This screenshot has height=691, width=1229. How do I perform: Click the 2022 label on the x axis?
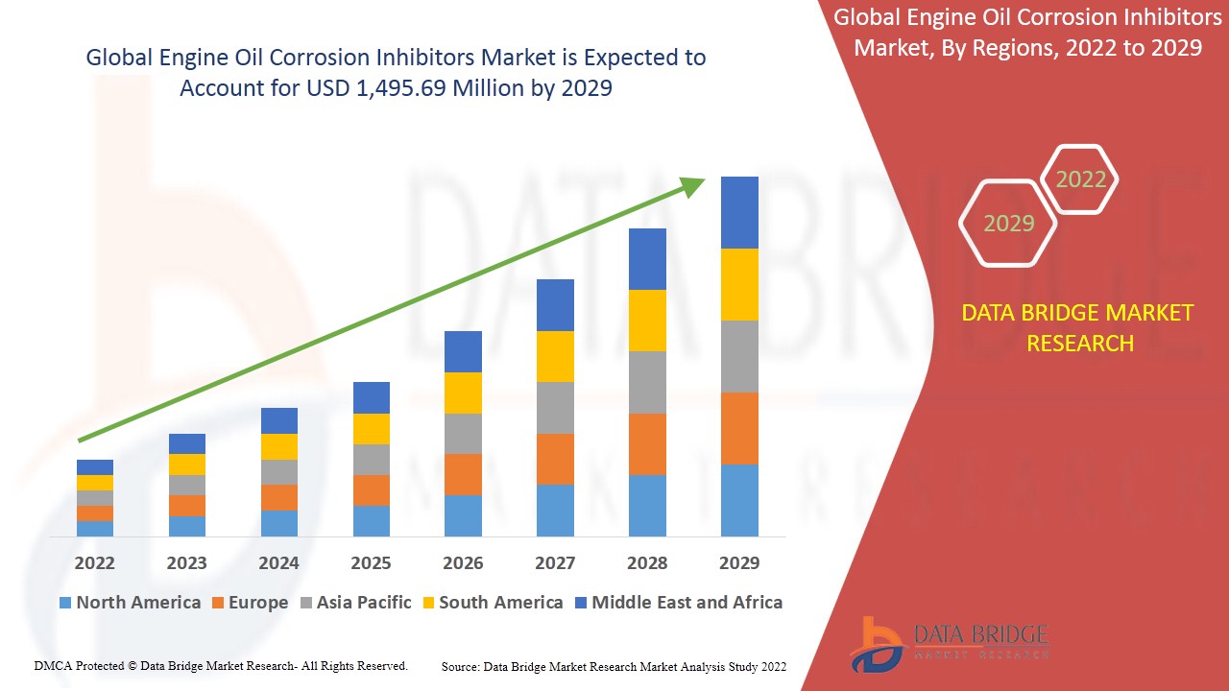pyautogui.click(x=94, y=562)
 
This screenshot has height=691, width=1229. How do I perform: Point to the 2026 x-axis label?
pyautogui.click(x=463, y=562)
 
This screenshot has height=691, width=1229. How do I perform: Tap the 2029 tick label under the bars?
pyautogui.click(x=739, y=562)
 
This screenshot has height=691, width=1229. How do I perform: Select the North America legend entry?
pyautogui.click(x=130, y=603)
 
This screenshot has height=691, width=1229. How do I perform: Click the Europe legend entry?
pyautogui.click(x=249, y=603)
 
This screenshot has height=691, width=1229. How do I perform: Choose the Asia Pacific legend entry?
pyautogui.click(x=356, y=603)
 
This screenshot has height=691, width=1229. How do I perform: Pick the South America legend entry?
pyautogui.click(x=492, y=603)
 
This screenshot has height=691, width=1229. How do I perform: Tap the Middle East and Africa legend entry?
pyautogui.click(x=678, y=603)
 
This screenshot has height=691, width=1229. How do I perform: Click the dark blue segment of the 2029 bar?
pyautogui.click(x=739, y=212)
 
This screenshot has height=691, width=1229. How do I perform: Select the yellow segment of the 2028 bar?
pyautogui.click(x=647, y=321)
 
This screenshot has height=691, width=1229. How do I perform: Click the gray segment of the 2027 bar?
pyautogui.click(x=555, y=408)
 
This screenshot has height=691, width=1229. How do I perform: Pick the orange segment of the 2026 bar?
pyautogui.click(x=463, y=474)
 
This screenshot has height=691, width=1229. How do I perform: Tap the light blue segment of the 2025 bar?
pyautogui.click(x=372, y=520)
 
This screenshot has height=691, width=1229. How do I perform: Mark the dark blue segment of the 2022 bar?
pyautogui.click(x=95, y=467)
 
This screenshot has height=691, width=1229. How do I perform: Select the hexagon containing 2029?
pyautogui.click(x=1008, y=224)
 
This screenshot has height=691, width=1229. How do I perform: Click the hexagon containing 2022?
pyautogui.click(x=1080, y=179)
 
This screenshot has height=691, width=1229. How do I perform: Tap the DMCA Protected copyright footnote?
pyautogui.click(x=221, y=665)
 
